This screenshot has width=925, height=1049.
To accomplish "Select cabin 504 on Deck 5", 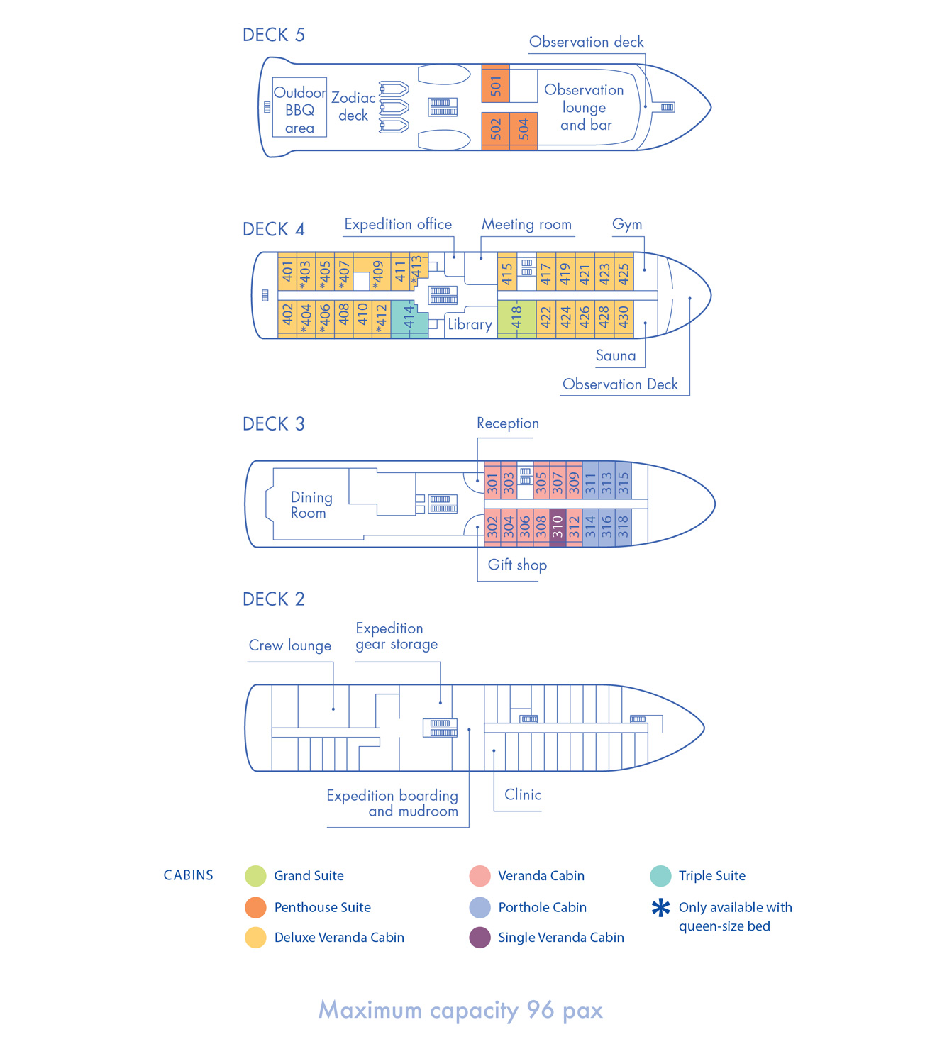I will coord(524,130).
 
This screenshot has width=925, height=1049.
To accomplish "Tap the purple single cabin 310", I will coord(558,527).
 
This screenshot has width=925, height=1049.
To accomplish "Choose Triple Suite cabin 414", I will coord(409,318).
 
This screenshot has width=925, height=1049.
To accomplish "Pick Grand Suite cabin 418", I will coord(516,318).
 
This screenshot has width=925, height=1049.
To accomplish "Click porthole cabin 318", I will coord(623,527).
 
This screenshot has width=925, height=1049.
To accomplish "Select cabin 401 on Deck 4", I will coord(287,271).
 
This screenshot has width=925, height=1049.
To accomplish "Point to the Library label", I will coord(470,324).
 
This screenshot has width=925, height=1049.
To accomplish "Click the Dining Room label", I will coord(311,505).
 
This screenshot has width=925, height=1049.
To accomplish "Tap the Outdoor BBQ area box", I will coord(299,109).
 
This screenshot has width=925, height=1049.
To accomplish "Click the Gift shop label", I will coord(517,565).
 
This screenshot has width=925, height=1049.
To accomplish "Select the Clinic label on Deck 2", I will coord(523,794).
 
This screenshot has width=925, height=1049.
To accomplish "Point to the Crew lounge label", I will coord(290,645).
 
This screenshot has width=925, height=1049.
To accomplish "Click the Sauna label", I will coord(616,355).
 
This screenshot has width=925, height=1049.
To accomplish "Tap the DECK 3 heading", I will coord(274,424).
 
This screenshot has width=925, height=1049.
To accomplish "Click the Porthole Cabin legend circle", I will coord(480,907).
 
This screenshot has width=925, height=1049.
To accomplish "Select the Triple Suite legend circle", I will coord(660,876).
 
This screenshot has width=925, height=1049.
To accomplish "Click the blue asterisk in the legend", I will coord(660,908).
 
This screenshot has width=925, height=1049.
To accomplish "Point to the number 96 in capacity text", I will coord(541,1010).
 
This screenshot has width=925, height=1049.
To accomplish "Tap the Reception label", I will coord(508,423).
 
